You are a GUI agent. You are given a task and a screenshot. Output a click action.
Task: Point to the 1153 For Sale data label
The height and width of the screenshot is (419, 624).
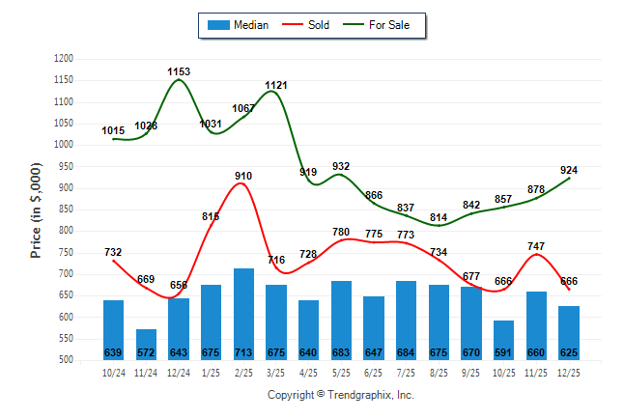pos(179,71)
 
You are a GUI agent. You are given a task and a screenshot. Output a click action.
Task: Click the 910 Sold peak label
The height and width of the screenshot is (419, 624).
pos(243,176)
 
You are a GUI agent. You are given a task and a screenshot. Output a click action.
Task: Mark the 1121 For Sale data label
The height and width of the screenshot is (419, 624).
pos(276,85)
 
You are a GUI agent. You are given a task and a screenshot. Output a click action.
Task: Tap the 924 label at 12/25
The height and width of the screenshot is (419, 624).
pos(569,170)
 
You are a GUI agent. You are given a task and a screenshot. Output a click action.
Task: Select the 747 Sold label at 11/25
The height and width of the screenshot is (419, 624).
pos(536,246)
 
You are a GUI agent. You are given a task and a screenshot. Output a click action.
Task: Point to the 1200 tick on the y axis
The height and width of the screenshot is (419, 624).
pos(65,59)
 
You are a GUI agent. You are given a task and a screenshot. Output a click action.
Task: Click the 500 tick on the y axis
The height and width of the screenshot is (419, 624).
pos(67,360)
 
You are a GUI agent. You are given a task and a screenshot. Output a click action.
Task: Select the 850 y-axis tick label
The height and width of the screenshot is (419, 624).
pos(67,209)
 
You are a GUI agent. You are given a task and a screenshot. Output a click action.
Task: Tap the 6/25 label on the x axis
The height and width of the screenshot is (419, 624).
pos(373,372)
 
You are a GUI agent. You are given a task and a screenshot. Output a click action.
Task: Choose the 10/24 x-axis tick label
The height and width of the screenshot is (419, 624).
pos(113,372)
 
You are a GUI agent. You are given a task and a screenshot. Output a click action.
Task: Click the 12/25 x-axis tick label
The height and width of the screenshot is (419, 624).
pos(568,372)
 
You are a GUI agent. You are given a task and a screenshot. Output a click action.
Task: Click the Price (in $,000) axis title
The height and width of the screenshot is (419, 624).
pos(36,209)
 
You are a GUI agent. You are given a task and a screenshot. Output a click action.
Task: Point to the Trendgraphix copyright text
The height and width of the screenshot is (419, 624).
pos(340,396)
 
